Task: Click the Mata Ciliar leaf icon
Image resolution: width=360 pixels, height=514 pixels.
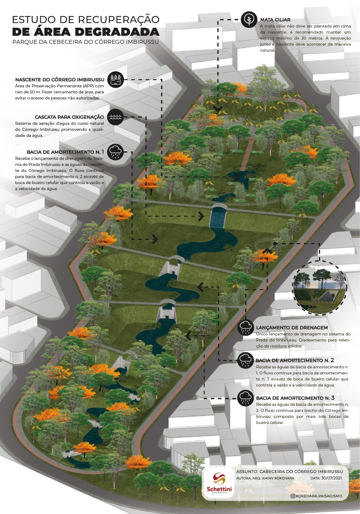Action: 249,20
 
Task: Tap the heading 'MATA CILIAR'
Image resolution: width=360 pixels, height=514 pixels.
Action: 275,20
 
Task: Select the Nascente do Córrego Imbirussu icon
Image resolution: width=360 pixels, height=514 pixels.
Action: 116,80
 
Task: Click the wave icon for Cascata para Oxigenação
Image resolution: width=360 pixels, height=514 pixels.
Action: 116,117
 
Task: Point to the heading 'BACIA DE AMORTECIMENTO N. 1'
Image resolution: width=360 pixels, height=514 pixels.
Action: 65,152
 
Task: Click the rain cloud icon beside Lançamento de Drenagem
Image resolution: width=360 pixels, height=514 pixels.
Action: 245,328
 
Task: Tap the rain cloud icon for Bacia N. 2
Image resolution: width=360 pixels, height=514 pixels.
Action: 245,360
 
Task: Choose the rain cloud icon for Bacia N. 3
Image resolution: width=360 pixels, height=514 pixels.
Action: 245,398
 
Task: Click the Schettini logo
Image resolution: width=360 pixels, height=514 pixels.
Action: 219,483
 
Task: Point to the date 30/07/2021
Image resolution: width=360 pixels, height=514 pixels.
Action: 331,478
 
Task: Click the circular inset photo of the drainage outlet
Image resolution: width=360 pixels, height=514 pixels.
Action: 319,288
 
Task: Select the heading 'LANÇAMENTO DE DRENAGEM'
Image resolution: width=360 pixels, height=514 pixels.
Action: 292,328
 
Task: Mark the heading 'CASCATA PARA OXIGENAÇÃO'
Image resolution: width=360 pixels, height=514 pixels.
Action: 69,117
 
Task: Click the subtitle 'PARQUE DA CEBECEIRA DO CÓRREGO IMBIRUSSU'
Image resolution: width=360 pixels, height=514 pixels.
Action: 86,42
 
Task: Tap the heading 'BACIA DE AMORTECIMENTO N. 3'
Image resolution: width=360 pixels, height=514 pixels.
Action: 295,398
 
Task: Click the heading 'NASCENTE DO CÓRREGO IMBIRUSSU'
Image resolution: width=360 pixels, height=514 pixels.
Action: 60,80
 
